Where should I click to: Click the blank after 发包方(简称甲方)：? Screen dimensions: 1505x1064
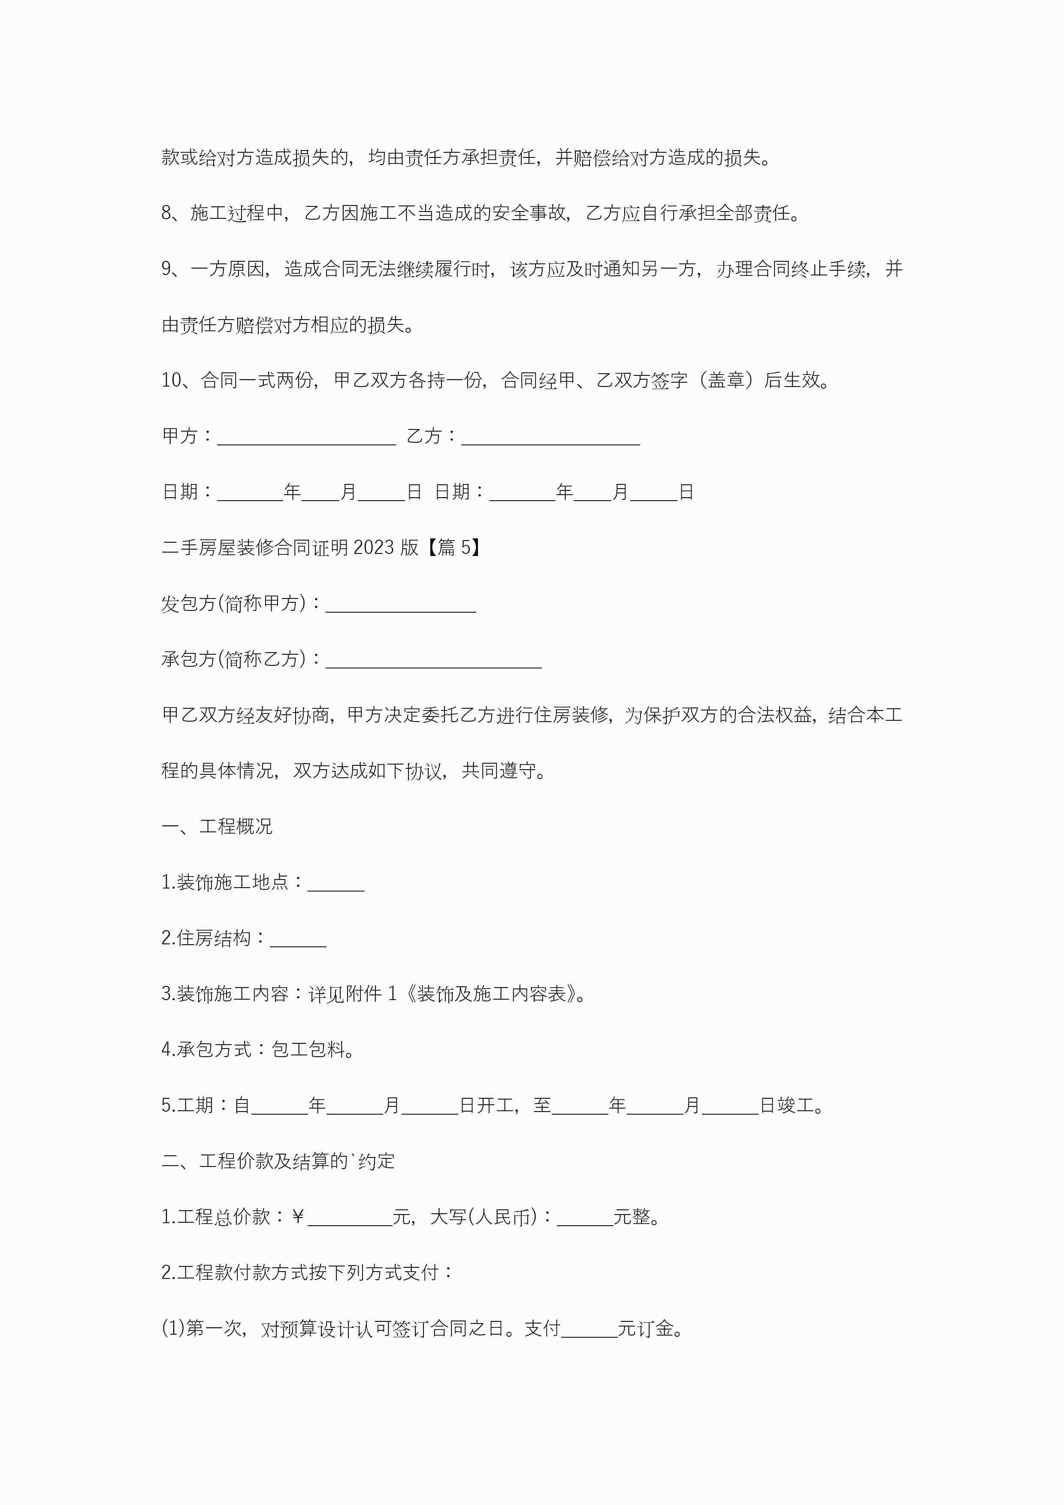[x=401, y=604]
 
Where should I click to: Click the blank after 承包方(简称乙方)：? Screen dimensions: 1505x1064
[x=433, y=660]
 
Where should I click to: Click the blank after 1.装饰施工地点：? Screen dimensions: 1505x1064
[x=336, y=884]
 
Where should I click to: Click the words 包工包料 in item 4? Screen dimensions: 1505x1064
[x=308, y=1050]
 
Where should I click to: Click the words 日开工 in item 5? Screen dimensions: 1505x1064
[x=487, y=1106]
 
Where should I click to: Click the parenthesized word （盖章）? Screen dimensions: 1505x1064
[x=726, y=380]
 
